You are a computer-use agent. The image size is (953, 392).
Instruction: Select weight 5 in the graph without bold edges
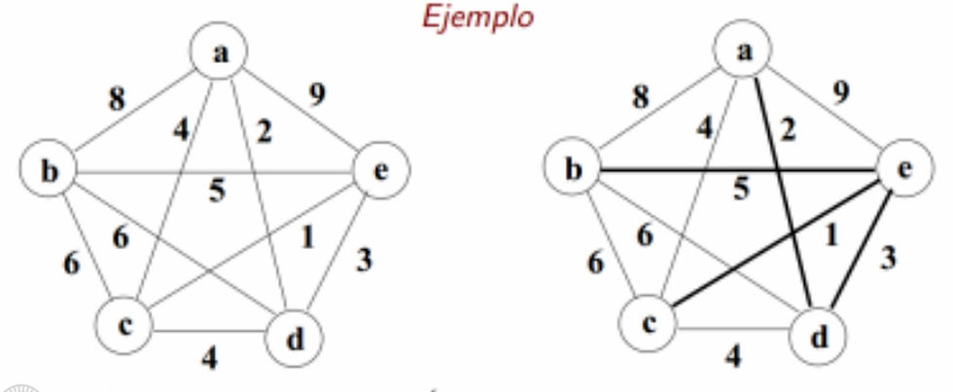[x=217, y=189]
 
